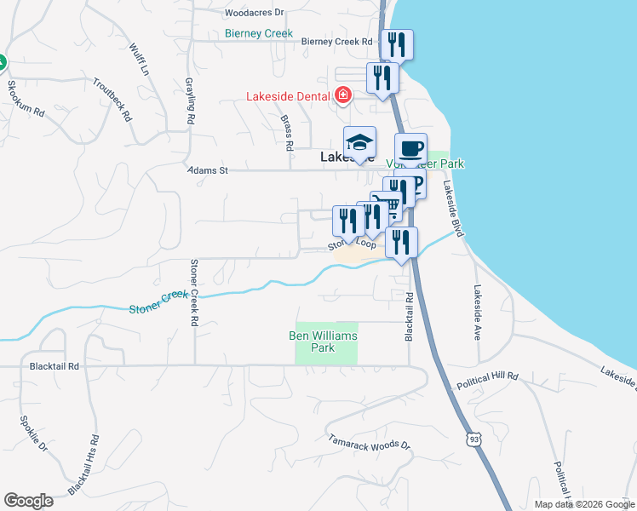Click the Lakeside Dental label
click(288, 96)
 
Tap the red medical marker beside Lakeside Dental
click(343, 95)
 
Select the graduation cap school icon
click(359, 143)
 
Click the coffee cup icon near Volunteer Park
click(410, 149)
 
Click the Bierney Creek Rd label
click(337, 41)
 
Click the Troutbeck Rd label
click(113, 99)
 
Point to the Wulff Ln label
click(141, 60)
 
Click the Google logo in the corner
click(28, 501)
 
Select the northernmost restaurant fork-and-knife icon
click(396, 44)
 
